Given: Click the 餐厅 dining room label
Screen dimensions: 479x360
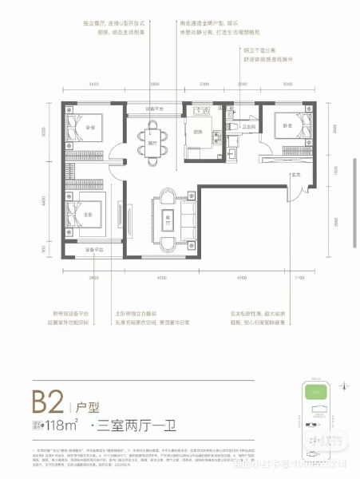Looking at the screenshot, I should pyautogui.click(x=152, y=144).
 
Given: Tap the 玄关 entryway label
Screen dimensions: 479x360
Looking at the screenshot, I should pyautogui.click(x=295, y=174).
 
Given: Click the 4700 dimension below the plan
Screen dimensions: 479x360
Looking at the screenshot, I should pyautogui.click(x=239, y=276).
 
